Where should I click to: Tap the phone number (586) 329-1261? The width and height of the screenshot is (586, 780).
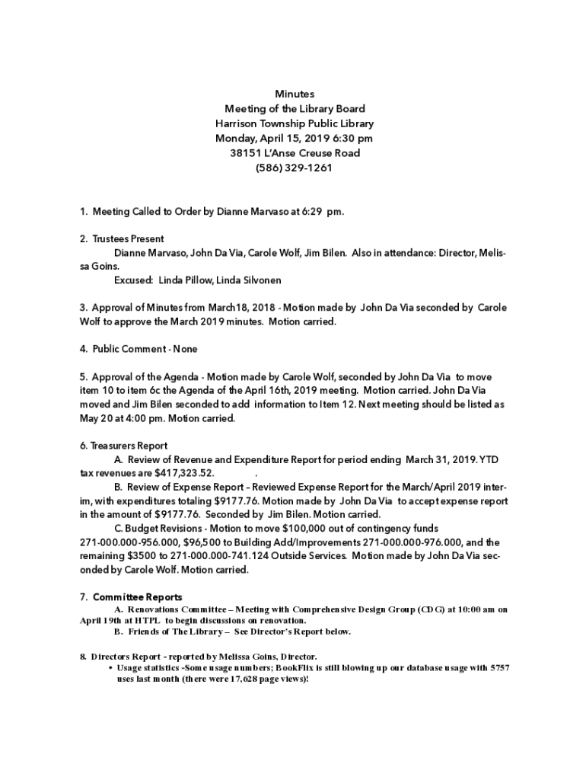pyautogui.click(x=294, y=168)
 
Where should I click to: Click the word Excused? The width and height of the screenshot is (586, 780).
pyautogui.click(x=134, y=280)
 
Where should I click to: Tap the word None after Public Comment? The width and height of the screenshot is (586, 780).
pyautogui.click(x=185, y=349)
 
